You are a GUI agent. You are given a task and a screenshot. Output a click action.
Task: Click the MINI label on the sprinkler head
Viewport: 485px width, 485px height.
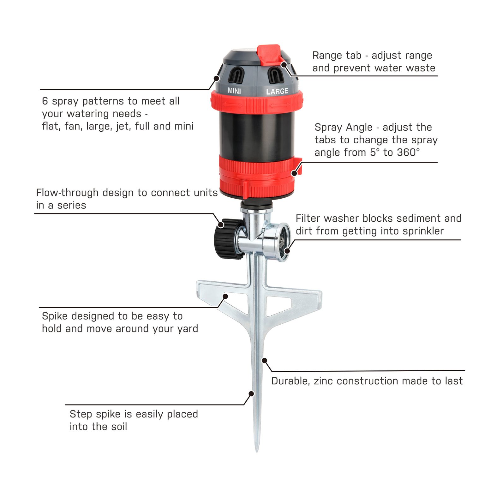[x=234, y=91]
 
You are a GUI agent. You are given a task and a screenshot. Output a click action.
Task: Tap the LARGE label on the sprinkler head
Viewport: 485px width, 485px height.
[x=277, y=92]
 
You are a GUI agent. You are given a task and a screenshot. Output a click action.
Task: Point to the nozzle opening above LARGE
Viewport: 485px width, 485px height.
[x=275, y=76]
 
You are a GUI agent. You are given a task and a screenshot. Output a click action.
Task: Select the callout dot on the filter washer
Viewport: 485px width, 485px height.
[x=287, y=251]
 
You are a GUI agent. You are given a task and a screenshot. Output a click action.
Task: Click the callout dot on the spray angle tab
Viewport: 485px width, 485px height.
[x=294, y=173]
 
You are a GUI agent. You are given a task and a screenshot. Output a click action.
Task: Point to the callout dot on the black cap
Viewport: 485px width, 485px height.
[x=221, y=225]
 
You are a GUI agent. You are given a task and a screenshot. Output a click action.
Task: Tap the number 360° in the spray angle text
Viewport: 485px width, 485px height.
[x=408, y=153]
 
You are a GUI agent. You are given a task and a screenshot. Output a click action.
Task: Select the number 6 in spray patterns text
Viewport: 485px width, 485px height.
[x=45, y=101]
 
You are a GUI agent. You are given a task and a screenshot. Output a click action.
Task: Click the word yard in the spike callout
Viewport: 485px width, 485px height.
[x=187, y=329]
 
